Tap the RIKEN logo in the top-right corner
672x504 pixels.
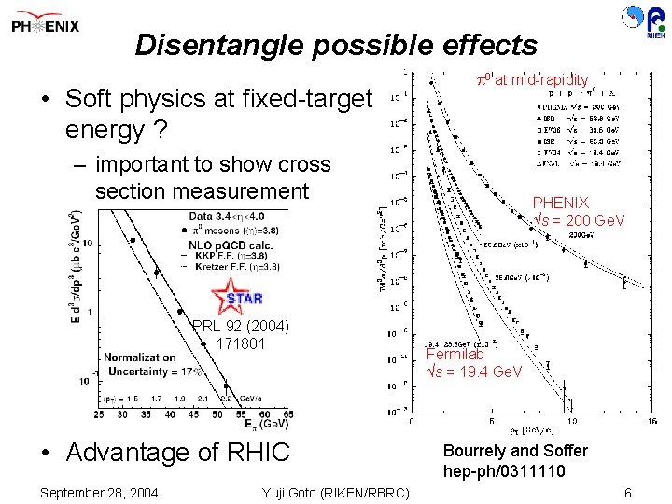[x=642, y=23]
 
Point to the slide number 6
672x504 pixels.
[x=628, y=493]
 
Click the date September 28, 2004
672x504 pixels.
[x=100, y=493]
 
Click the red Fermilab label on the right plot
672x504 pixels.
[x=455, y=355]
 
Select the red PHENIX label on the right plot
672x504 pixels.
[x=560, y=203]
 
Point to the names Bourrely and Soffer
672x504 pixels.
[x=515, y=452]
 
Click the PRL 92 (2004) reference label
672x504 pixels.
[x=240, y=327]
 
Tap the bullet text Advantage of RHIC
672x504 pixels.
[x=176, y=454]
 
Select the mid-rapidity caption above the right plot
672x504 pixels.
[x=532, y=80]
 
